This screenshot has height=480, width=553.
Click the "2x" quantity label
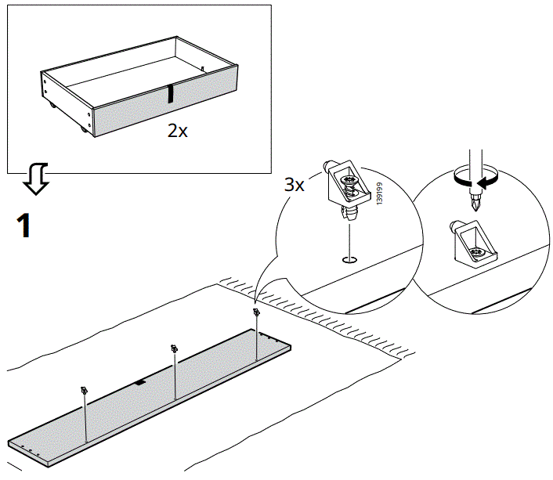(178, 131)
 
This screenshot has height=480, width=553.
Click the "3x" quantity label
(295, 186)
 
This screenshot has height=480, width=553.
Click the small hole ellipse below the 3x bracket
(349, 260)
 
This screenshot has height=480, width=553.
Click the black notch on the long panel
(139, 383)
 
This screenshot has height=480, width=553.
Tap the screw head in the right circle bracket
(476, 252)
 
